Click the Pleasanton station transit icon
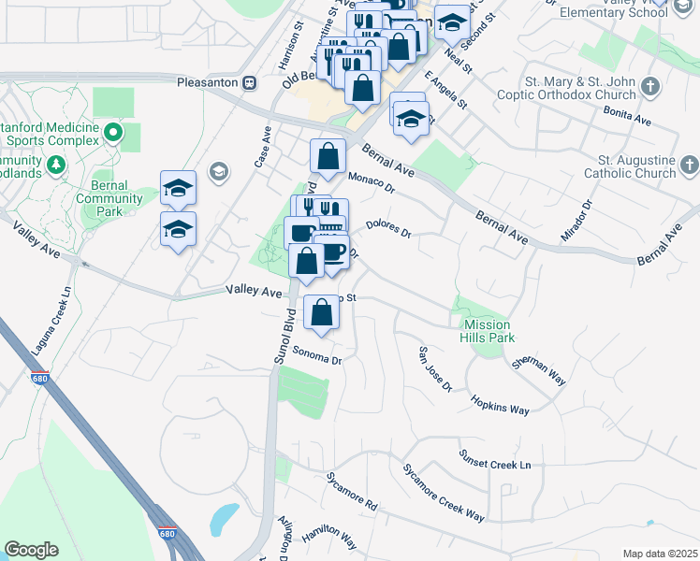pyautogui.click(x=249, y=81)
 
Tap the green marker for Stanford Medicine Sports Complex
pyautogui.click(x=114, y=133)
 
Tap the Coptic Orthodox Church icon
pyautogui.click(x=651, y=86)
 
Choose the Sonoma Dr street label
pyautogui.click(x=317, y=355)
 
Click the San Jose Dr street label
pyautogui.click(x=434, y=369)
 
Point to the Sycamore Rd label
pyautogui.click(x=351, y=492)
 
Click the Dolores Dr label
pyautogui.click(x=388, y=227)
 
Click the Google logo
pyautogui.click(x=31, y=550)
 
